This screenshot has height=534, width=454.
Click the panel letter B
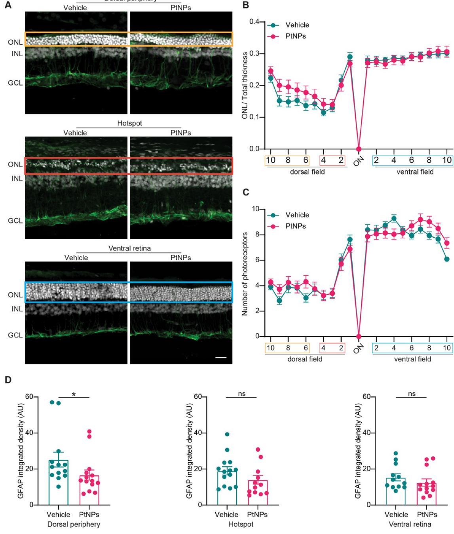click(x=246, y=6)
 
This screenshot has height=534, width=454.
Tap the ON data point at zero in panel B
click(x=359, y=149)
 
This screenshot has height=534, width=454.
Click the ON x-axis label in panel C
click(x=359, y=349)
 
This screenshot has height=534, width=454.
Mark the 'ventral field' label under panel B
click(x=415, y=172)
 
